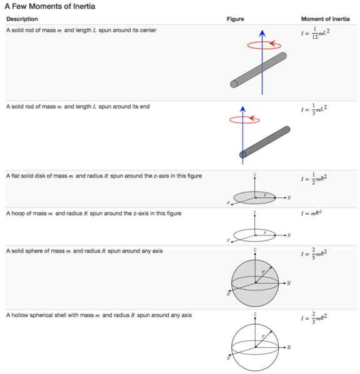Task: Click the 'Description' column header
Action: point(21,19)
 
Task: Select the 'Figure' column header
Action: point(235,19)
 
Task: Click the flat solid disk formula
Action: point(314,180)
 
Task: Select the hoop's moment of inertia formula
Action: point(312,214)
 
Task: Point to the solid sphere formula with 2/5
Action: point(314,254)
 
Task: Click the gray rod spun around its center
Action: point(258,69)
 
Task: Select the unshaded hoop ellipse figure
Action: point(254,234)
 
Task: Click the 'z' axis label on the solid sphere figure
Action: point(255,250)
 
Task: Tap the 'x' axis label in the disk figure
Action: point(228,203)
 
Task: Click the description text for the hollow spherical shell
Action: point(99,315)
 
